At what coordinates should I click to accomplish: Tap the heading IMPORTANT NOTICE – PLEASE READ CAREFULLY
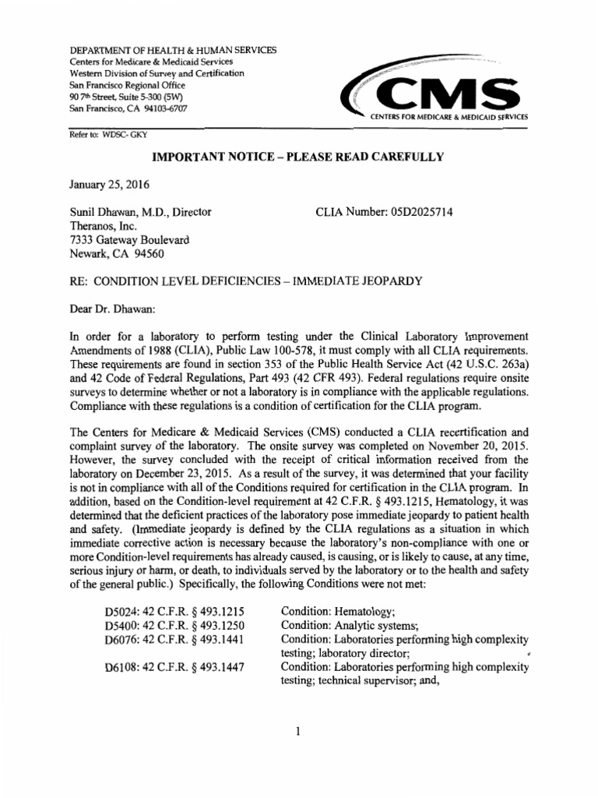[297, 157]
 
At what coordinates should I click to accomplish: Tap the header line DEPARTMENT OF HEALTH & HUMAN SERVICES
[173, 51]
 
